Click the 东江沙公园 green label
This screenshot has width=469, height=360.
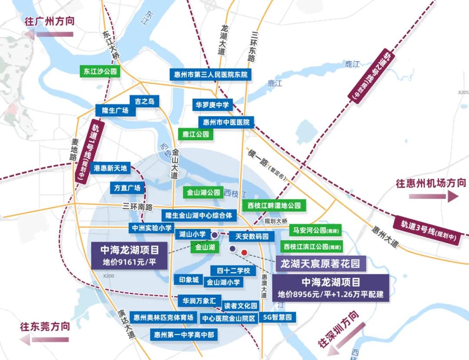tap(100, 71)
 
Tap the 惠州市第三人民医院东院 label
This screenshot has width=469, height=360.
tap(210, 74)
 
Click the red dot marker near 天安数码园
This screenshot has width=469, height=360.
tap(244, 252)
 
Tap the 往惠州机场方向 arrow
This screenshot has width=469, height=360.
tap(433, 197)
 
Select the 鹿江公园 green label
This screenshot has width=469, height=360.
tap(195, 134)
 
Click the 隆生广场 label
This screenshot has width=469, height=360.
tap(115, 110)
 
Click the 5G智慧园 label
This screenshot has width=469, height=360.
tap(278, 317)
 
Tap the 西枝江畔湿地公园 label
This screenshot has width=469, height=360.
tap(274, 205)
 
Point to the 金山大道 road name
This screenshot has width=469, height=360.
tap(175, 163)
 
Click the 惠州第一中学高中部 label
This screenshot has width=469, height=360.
tap(184, 335)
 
